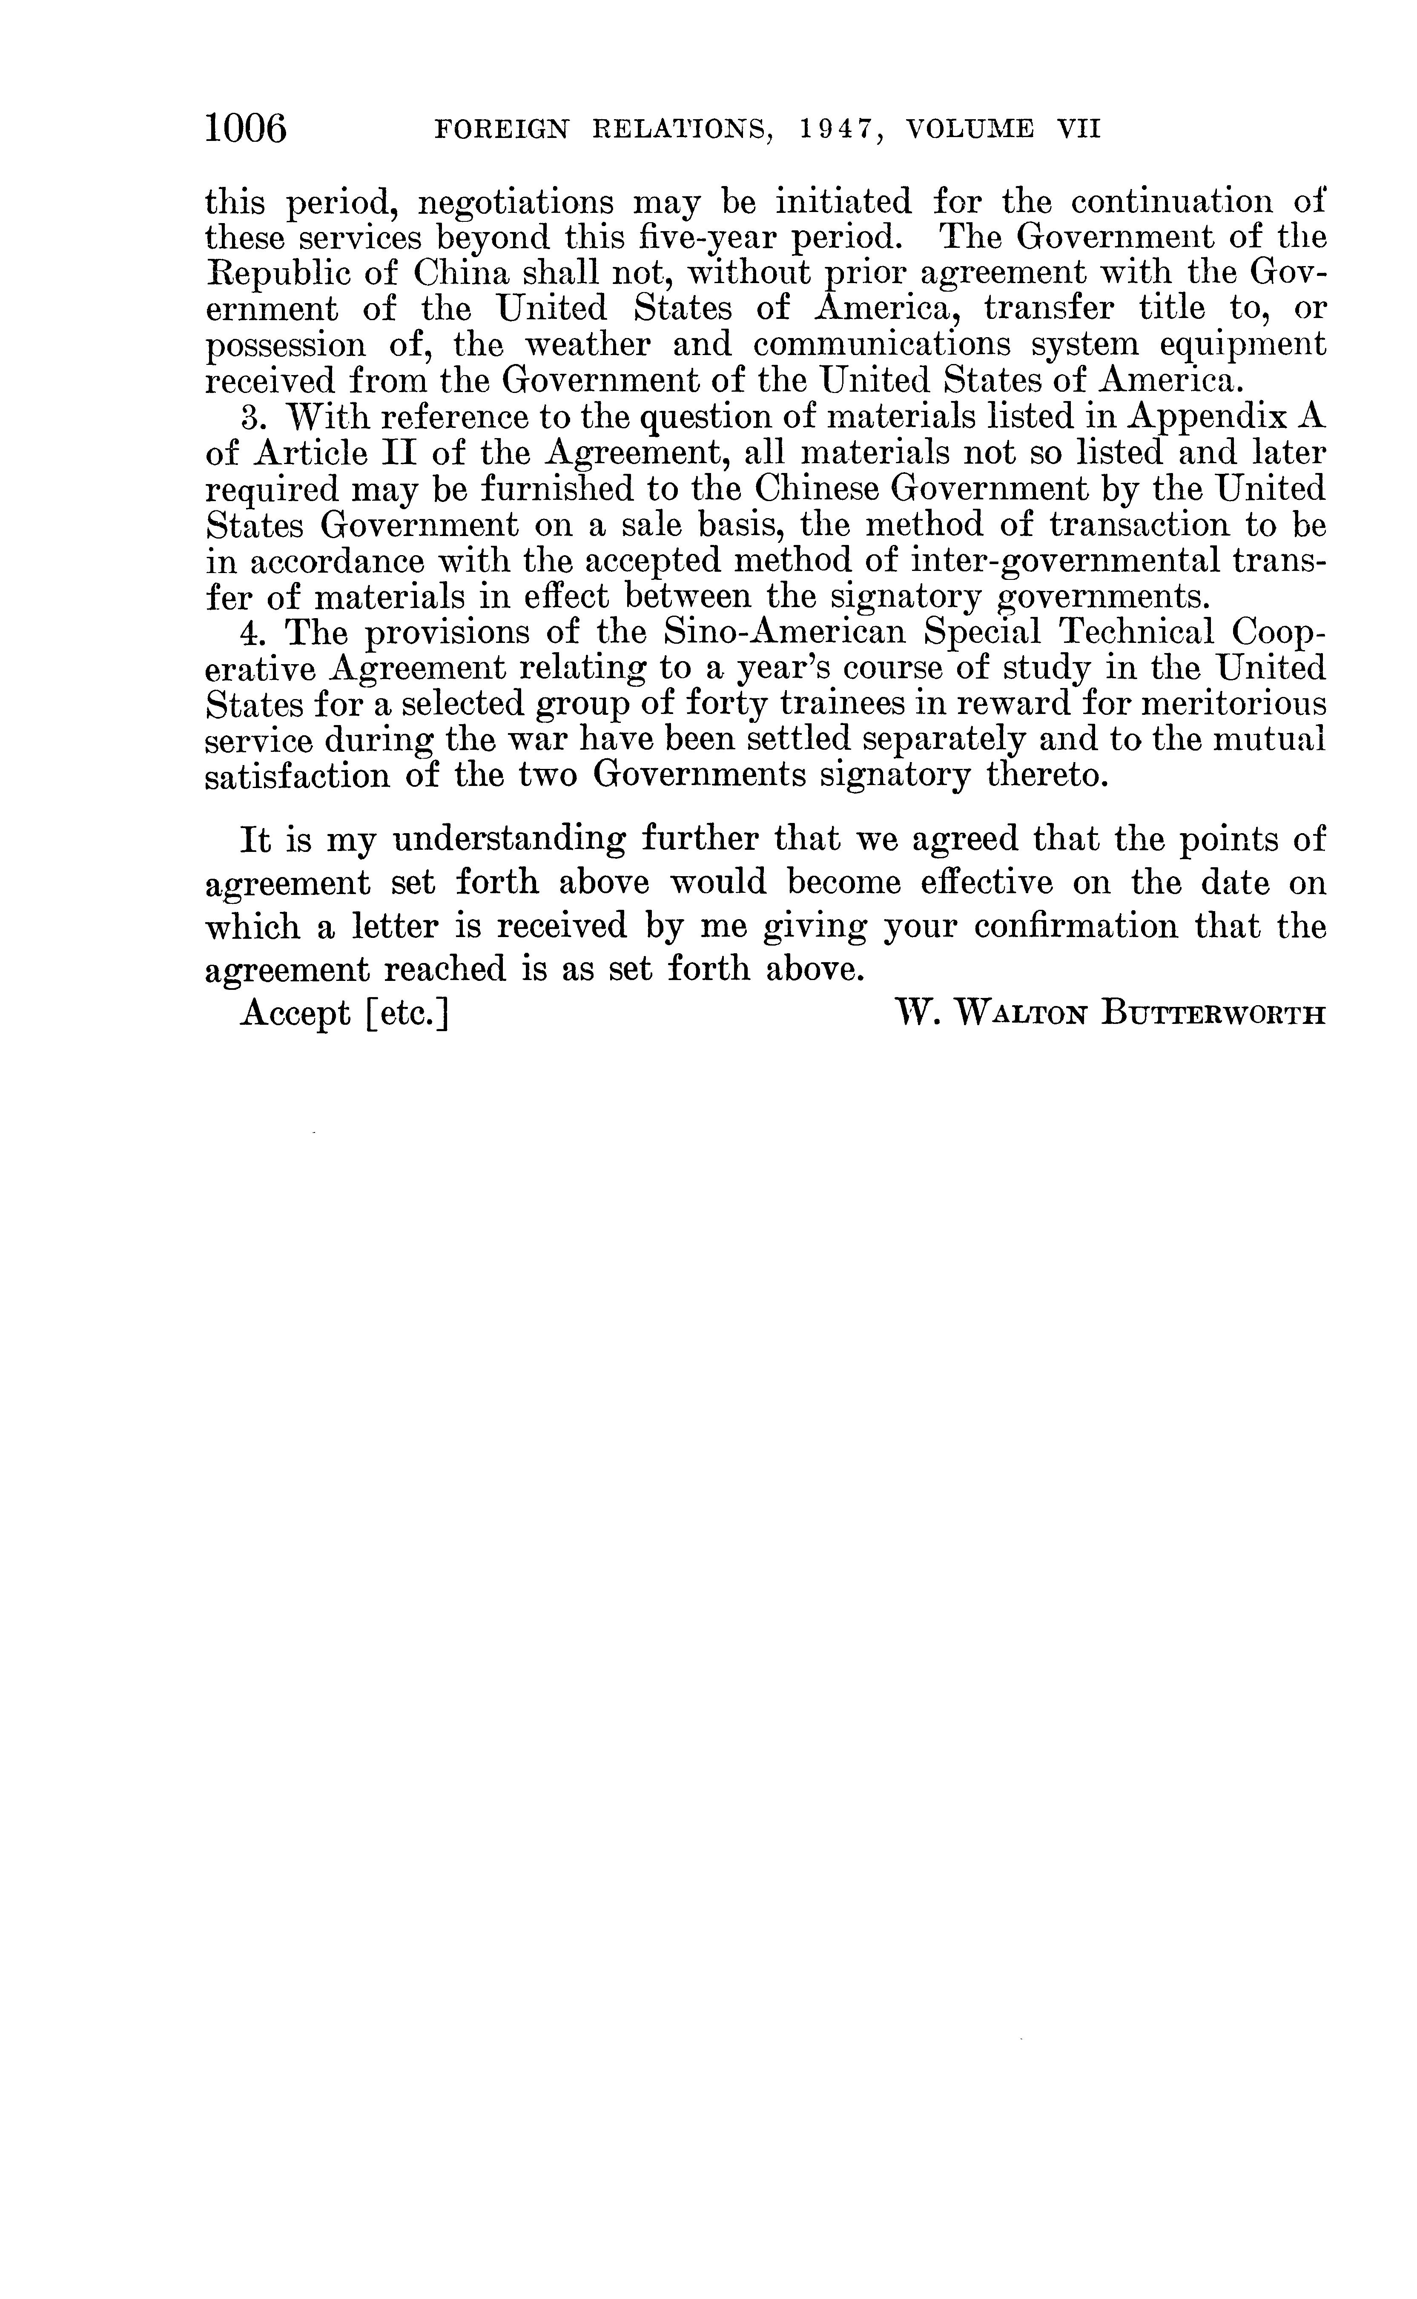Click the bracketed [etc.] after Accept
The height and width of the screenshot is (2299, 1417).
click(x=409, y=1013)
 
